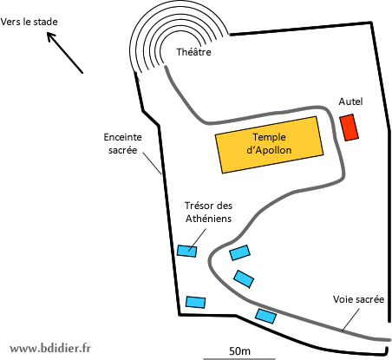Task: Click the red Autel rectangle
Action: (349, 128)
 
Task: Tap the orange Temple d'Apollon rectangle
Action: (269, 145)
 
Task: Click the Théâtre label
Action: (193, 52)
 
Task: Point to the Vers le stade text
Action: (29, 22)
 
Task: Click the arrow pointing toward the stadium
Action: (65, 53)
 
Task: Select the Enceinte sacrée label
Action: (123, 143)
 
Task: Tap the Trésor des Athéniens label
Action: (208, 212)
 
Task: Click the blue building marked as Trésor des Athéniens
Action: (187, 251)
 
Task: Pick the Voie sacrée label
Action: (358, 299)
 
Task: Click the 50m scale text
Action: (239, 350)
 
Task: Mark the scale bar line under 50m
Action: (239, 359)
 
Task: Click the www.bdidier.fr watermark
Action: (50, 348)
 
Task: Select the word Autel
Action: (350, 101)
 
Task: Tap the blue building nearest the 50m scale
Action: (265, 316)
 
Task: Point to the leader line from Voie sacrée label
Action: (350, 320)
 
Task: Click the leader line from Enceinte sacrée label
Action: (152, 163)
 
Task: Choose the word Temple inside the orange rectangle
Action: (269, 137)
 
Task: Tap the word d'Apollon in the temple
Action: (269, 150)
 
